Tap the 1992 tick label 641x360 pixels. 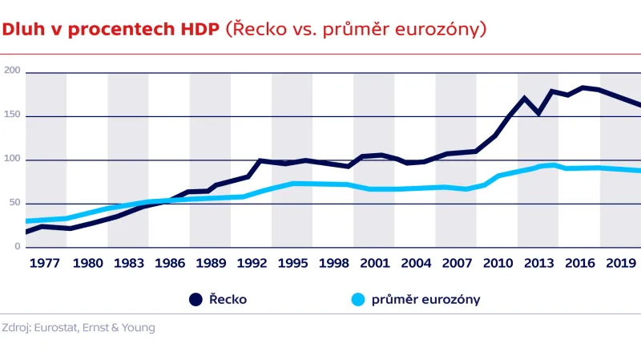[252, 262]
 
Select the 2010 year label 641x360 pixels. [498, 262]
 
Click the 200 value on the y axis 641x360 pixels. [12, 72]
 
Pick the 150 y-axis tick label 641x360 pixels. [12, 116]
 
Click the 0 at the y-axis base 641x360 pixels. [17, 247]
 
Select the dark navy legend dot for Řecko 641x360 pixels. [196, 300]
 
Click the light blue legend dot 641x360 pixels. [357, 300]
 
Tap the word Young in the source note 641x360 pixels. [136, 327]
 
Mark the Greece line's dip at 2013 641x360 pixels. [538, 113]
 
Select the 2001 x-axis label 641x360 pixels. [374, 262]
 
